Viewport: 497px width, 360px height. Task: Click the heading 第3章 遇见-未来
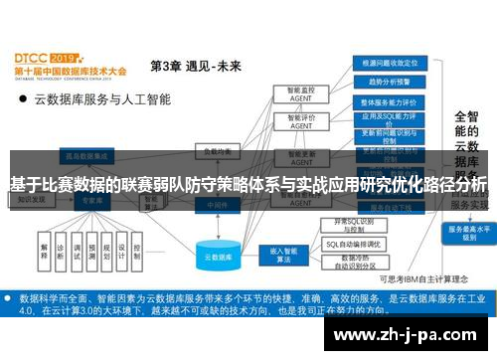pyautogui.click(x=196, y=66)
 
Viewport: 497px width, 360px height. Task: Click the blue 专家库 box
pyautogui.click(x=93, y=200)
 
